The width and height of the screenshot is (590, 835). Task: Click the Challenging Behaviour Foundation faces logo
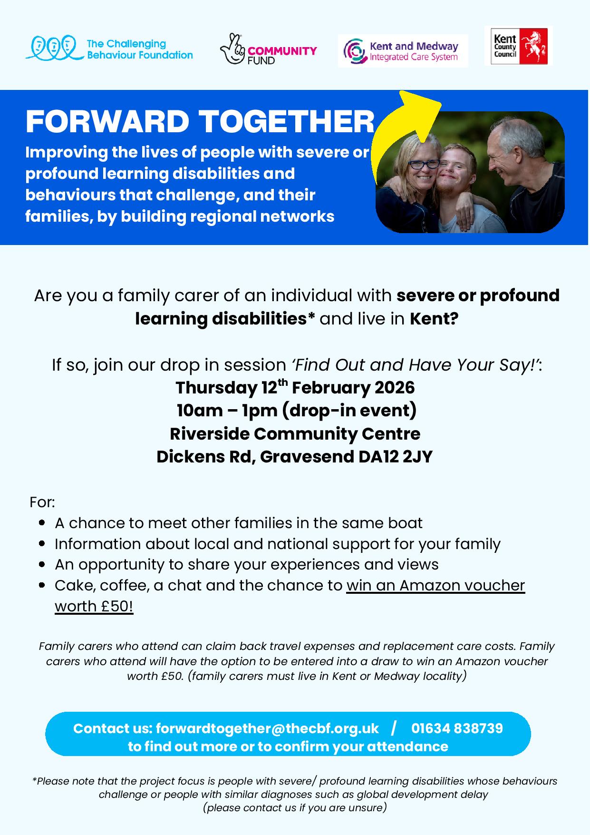coord(52,48)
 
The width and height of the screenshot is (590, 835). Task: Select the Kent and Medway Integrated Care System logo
coord(403,51)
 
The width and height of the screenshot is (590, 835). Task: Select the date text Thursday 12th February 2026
coord(295,387)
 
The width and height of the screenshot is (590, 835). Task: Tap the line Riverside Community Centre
coord(295,433)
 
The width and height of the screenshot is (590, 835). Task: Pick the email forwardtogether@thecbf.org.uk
coord(267,728)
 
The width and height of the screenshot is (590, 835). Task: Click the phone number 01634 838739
coord(457,728)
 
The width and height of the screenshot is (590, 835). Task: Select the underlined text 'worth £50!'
coord(94,606)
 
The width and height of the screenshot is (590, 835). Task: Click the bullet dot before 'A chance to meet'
coord(42,523)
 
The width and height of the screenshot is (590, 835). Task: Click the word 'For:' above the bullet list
coord(42,502)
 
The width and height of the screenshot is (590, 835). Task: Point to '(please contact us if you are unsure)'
coord(295,807)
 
